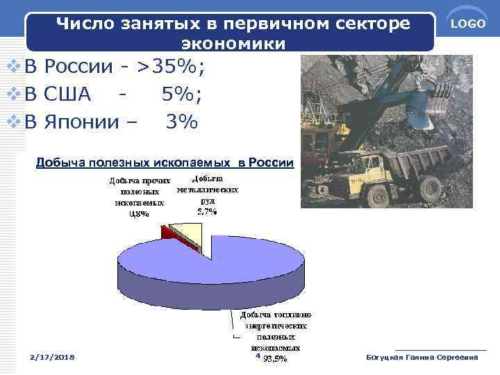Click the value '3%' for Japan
pos(181,122)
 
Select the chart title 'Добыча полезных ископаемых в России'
pos(165,162)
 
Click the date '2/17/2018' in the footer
pos(53,357)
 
